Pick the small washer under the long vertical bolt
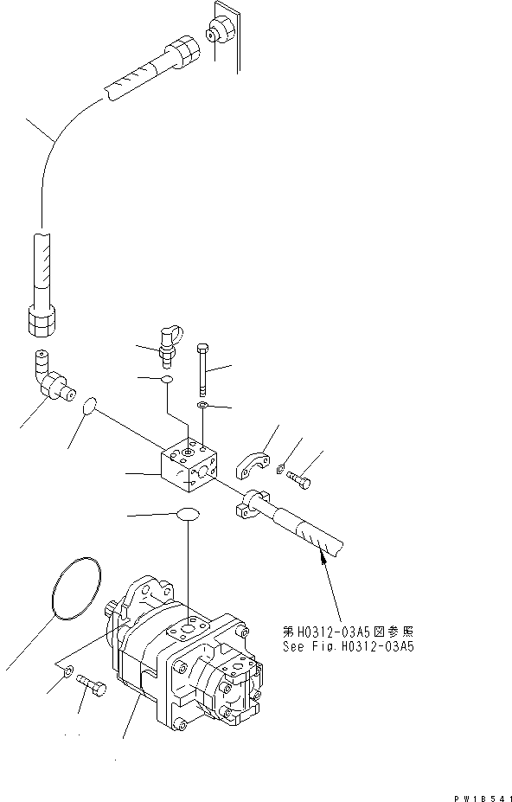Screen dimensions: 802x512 pyautogui.click(x=202, y=405)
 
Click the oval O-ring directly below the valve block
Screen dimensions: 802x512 pyautogui.click(x=188, y=516)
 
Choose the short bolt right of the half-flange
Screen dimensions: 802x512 pyautogui.click(x=299, y=475)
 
